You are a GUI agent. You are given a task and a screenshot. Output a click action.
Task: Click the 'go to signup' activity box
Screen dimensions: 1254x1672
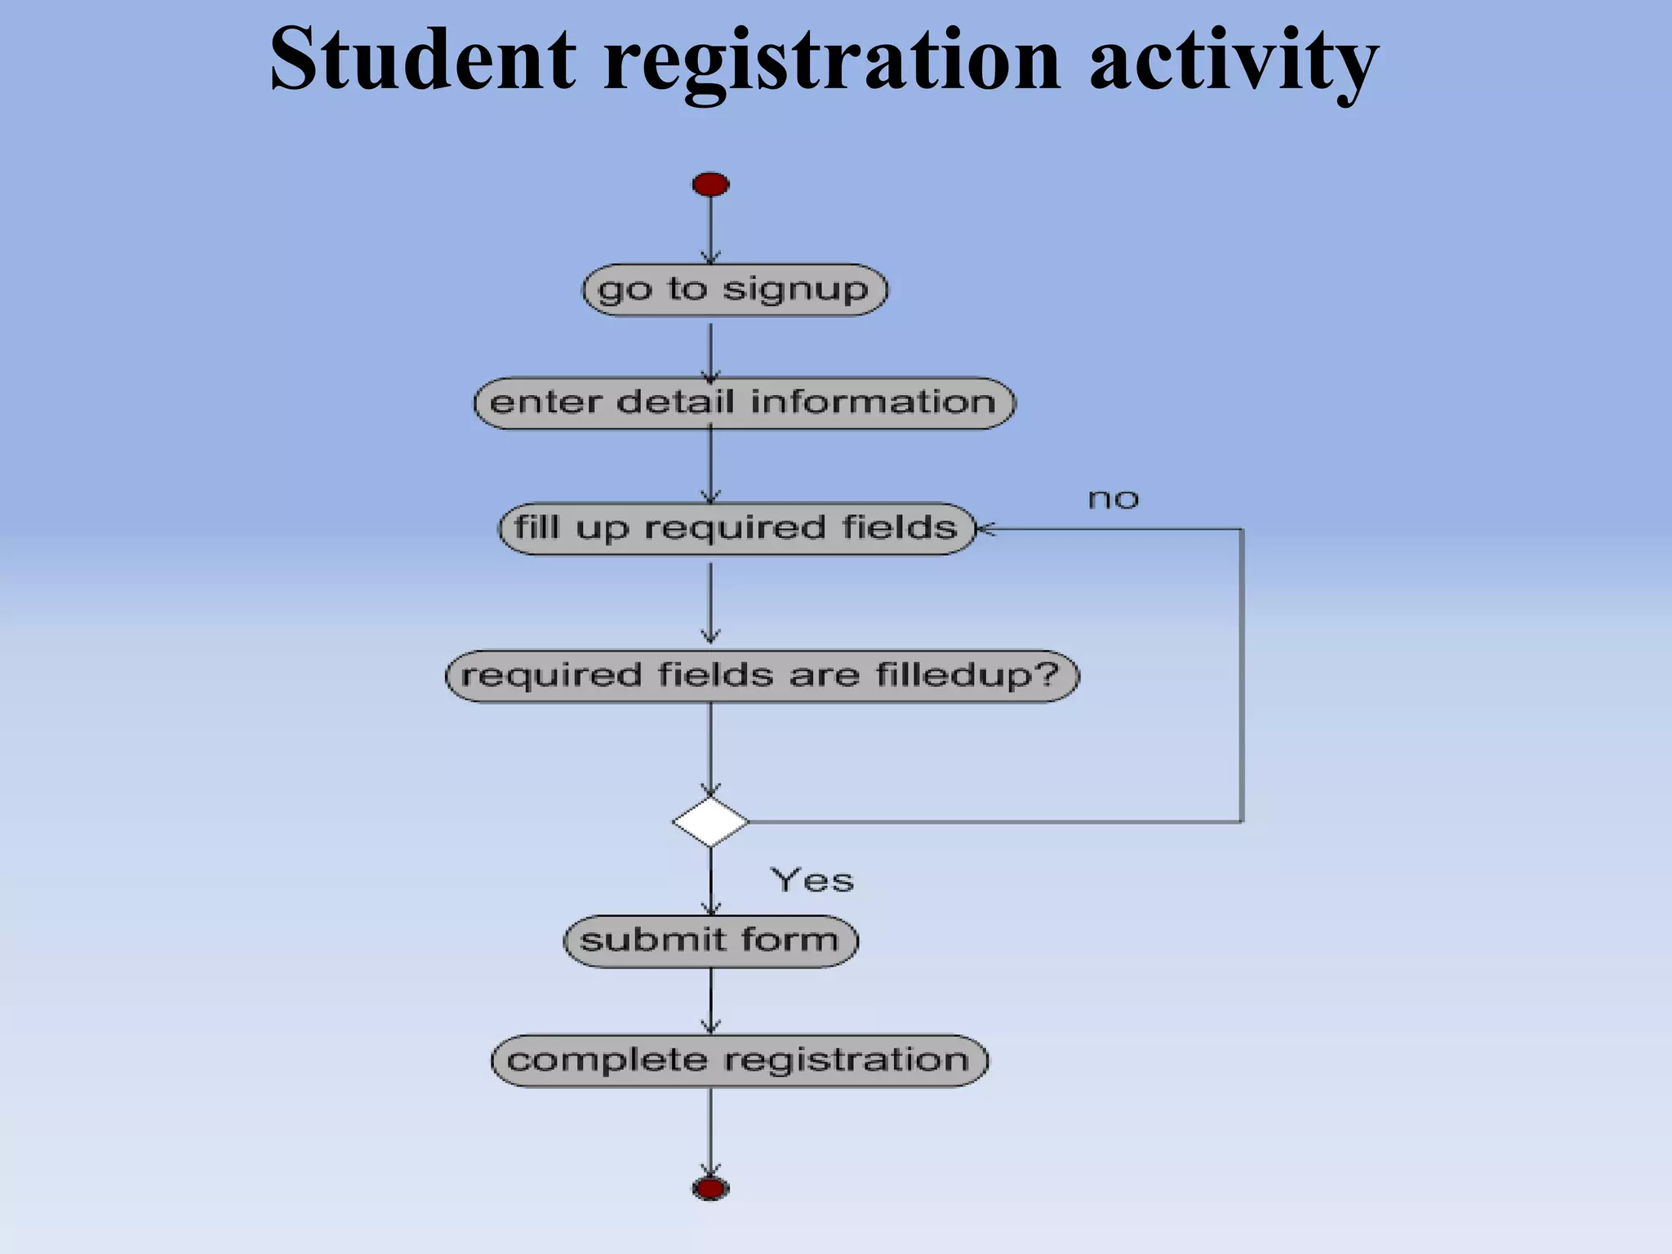pyautogui.click(x=735, y=290)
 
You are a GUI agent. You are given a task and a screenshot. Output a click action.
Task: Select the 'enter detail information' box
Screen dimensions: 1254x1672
pyautogui.click(x=744, y=402)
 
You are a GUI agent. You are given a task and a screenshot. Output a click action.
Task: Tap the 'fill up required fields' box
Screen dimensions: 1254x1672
pyautogui.click(x=736, y=528)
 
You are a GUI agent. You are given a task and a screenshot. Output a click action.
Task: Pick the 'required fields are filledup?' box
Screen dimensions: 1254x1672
pyautogui.click(x=762, y=676)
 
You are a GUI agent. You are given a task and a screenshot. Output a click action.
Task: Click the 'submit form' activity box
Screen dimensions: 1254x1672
pyautogui.click(x=710, y=940)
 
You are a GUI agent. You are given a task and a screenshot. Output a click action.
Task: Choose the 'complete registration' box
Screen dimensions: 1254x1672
pyautogui.click(x=739, y=1061)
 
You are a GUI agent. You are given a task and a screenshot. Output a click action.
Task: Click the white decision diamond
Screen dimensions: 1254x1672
pyautogui.click(x=710, y=821)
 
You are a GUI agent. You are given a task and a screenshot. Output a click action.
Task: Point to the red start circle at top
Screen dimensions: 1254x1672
pyautogui.click(x=710, y=185)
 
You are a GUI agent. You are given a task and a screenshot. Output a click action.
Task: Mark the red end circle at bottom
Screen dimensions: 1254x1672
pyautogui.click(x=710, y=1188)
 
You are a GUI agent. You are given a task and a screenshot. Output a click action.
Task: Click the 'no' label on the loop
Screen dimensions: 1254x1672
pyautogui.click(x=1113, y=499)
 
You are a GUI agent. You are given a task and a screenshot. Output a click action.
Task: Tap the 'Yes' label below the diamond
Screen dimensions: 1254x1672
pyautogui.click(x=812, y=880)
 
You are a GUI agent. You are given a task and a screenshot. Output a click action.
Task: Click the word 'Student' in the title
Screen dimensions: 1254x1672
pyautogui.click(x=422, y=59)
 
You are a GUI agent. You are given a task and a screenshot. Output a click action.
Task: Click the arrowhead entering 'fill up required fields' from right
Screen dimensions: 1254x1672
pyautogui.click(x=985, y=529)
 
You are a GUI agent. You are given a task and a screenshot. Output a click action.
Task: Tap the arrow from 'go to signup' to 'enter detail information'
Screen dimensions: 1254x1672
pyautogui.click(x=710, y=352)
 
